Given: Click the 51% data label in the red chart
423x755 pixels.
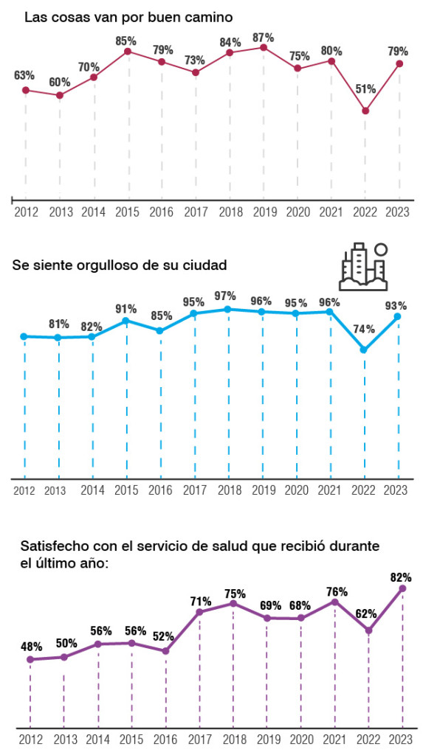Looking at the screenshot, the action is tap(365, 88).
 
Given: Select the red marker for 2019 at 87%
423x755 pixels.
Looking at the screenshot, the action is tap(264, 47).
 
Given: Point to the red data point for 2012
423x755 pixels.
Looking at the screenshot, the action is tap(26, 90).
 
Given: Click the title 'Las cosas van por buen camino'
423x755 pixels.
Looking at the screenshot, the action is tap(128, 18).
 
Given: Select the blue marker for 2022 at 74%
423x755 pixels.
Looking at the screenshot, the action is tap(364, 349).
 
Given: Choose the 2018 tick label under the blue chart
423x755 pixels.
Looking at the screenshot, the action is tap(230, 490).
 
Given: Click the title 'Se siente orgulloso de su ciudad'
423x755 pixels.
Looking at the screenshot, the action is tap(120, 265).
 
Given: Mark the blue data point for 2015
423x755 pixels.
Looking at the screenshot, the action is tap(126, 321).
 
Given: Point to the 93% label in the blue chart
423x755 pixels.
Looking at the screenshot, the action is tap(396, 306).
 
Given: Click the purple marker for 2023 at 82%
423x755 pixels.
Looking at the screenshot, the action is tap(403, 589).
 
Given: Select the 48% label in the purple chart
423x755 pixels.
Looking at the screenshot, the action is tap(31, 646).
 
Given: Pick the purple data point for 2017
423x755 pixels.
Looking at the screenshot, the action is tap(199, 613).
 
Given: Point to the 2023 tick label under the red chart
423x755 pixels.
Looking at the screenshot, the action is tap(398, 212).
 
